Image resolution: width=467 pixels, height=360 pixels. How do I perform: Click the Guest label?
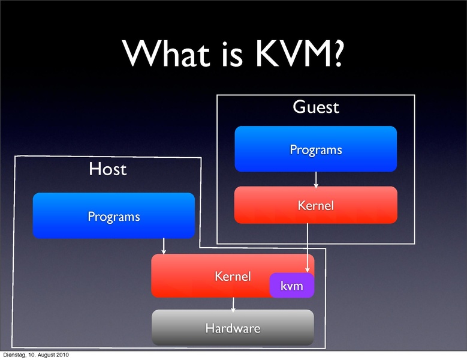(x=315, y=107)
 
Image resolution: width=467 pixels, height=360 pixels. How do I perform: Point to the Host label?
(x=108, y=169)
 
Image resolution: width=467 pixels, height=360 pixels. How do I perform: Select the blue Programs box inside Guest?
(x=315, y=149)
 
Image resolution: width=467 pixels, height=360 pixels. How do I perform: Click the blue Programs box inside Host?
(x=113, y=216)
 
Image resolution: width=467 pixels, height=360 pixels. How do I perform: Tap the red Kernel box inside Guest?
(x=315, y=205)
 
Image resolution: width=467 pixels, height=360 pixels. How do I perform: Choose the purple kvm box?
(x=292, y=286)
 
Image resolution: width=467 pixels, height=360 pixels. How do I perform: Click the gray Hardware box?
(x=233, y=328)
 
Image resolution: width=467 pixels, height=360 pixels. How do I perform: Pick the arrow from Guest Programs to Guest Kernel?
(x=315, y=179)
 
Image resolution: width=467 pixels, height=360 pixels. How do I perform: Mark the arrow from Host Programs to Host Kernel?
(x=163, y=246)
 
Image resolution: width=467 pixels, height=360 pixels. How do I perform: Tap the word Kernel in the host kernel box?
(x=233, y=277)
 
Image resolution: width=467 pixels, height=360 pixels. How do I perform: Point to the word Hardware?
(x=233, y=328)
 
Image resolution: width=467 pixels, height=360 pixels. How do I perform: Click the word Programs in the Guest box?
(x=315, y=150)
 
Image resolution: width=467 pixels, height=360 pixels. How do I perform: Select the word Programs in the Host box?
(x=113, y=217)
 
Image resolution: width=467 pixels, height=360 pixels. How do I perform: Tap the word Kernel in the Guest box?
(x=315, y=206)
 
